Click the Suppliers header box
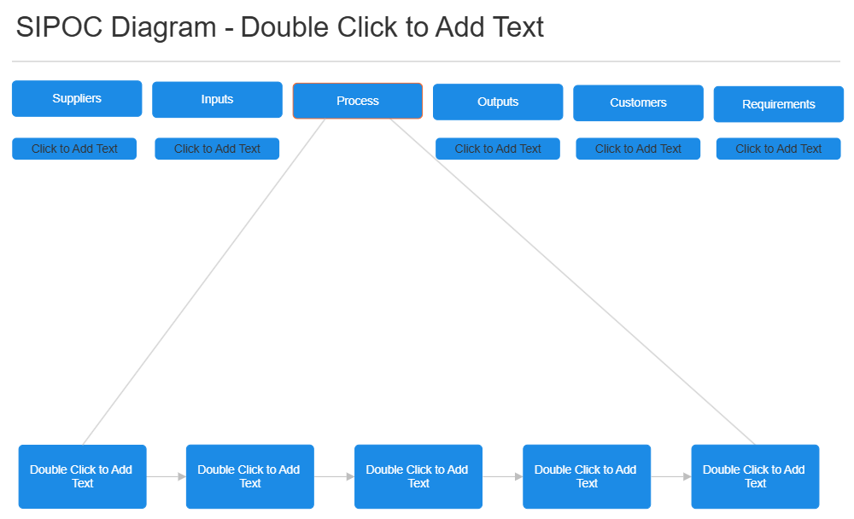click(77, 98)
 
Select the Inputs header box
click(217, 99)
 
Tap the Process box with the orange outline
click(357, 101)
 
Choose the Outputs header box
click(498, 102)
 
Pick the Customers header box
click(638, 102)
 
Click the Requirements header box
click(778, 104)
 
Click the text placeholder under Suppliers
click(74, 149)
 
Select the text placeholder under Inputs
click(217, 149)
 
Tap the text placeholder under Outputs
click(498, 149)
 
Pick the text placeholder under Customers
click(638, 149)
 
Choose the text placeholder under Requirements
click(778, 149)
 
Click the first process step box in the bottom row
click(82, 476)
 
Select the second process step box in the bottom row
click(249, 476)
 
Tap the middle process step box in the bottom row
click(418, 476)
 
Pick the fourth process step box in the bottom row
click(587, 476)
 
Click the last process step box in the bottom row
click(755, 476)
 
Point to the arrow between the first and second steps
click(167, 476)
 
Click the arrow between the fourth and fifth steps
click(671, 476)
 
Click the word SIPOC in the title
click(59, 27)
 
